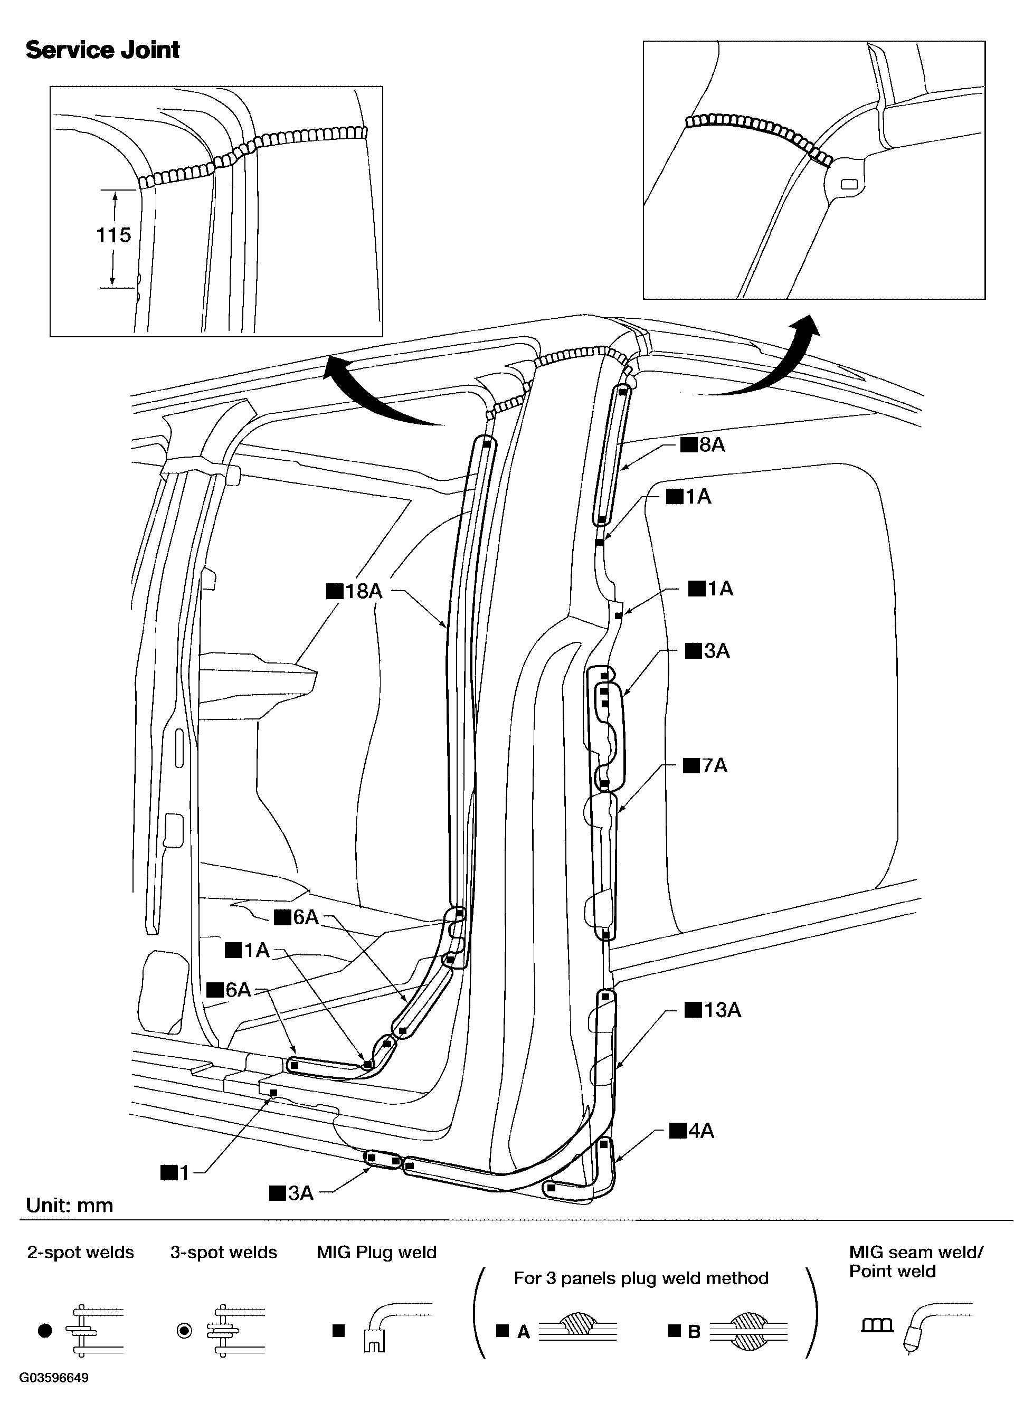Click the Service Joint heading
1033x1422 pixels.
click(x=103, y=50)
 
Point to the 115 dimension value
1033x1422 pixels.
click(x=113, y=235)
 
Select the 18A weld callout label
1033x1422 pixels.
click(x=354, y=591)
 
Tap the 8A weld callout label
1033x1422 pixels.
click(x=703, y=444)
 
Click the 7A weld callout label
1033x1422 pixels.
click(x=705, y=765)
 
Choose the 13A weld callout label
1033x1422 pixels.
click(x=713, y=1010)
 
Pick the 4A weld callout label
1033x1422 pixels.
click(x=692, y=1131)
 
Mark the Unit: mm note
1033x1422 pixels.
click(x=70, y=1205)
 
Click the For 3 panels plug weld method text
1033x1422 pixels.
click(x=641, y=1278)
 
